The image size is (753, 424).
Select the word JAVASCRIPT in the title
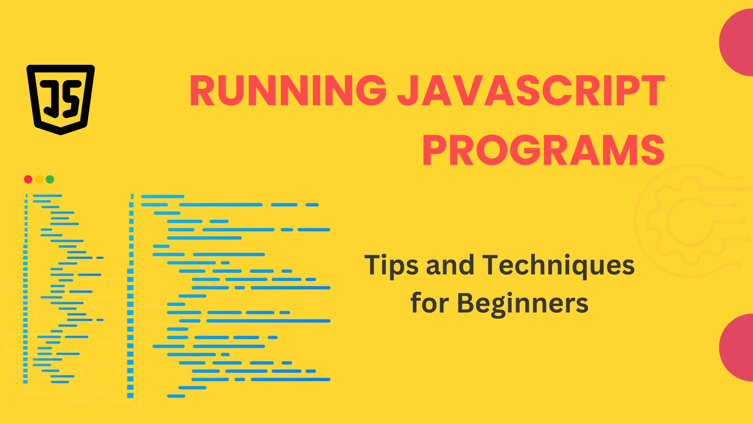tap(531, 91)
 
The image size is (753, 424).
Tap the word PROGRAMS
tap(543, 151)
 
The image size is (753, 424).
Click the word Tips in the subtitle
tap(391, 265)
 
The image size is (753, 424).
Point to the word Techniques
tap(558, 265)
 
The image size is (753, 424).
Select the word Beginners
tap(523, 303)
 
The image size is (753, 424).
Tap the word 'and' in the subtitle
tap(450, 265)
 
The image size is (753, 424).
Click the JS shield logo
tap(60, 99)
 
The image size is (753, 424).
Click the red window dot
tap(28, 179)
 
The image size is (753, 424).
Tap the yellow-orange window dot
tap(39, 179)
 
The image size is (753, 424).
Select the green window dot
tap(50, 179)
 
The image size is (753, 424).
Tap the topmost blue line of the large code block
tap(163, 196)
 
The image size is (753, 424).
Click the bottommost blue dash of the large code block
tap(176, 396)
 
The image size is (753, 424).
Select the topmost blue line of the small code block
tap(47, 196)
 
